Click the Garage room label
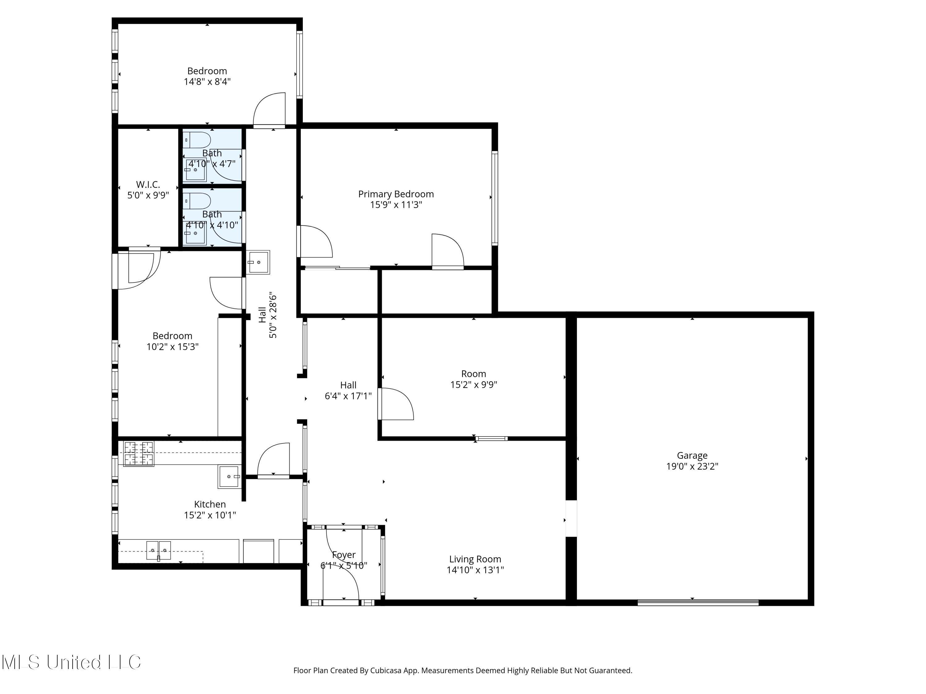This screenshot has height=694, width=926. click(692, 455)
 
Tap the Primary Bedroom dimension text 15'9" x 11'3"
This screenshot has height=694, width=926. click(396, 204)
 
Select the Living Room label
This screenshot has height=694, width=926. click(475, 559)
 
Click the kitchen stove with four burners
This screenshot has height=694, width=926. click(139, 453)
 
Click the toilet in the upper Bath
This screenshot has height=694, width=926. click(198, 140)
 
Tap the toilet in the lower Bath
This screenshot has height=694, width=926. click(198, 201)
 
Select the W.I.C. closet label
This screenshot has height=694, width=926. click(148, 184)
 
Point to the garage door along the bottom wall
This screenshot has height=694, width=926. click(698, 602)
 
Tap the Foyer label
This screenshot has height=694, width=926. click(343, 555)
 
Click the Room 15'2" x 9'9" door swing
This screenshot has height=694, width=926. click(396, 404)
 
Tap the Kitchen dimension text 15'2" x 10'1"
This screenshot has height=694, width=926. click(210, 515)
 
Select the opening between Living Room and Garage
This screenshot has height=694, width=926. click(571, 519)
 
